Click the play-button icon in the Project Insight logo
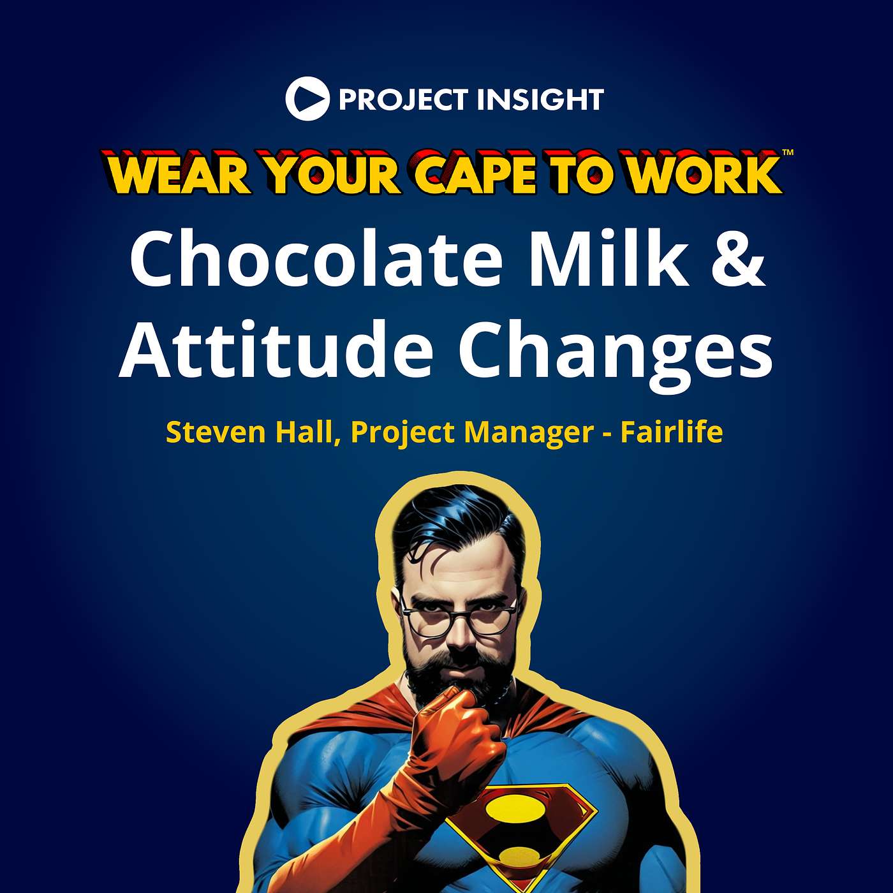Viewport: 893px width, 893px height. pos(307,99)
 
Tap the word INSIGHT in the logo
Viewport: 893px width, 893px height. pos(540,100)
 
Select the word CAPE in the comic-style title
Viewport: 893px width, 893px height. pos(475,173)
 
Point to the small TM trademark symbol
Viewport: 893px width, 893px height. pos(788,152)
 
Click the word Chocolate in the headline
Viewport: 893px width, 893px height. pos(316,258)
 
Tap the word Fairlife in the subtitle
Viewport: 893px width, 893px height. pos(672,432)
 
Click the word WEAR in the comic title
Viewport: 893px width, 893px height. pos(179,174)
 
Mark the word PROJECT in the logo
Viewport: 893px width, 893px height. pos(403,100)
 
